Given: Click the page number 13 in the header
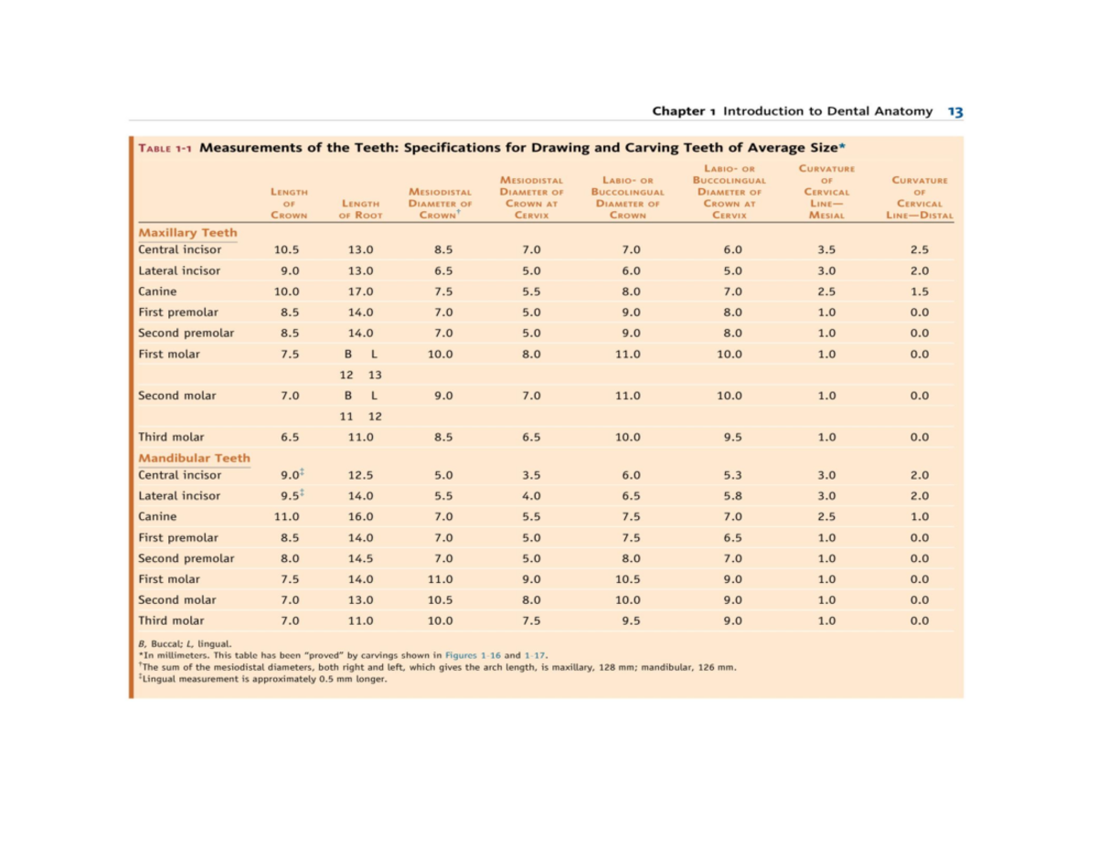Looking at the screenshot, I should tap(955, 111).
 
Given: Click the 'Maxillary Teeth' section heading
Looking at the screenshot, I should tap(187, 233).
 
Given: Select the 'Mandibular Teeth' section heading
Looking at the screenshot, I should tap(194, 458).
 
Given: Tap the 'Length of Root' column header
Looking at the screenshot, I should tap(360, 209).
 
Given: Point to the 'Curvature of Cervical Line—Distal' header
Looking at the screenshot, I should tap(920, 198).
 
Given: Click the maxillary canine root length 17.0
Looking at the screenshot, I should tap(360, 291).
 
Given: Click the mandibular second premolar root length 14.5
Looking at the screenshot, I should tap(360, 558).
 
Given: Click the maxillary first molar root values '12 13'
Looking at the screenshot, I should tap(360, 375).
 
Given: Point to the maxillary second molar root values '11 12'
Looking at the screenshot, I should tap(360, 417).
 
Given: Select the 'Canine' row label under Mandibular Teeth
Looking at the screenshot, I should tap(157, 516).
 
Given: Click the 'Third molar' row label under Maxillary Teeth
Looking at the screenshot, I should tap(171, 437).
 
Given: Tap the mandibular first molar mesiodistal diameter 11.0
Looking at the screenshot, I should tap(441, 578).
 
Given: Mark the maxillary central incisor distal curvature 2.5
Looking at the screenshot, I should tap(920, 249).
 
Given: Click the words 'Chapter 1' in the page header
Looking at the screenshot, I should tap(685, 111).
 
